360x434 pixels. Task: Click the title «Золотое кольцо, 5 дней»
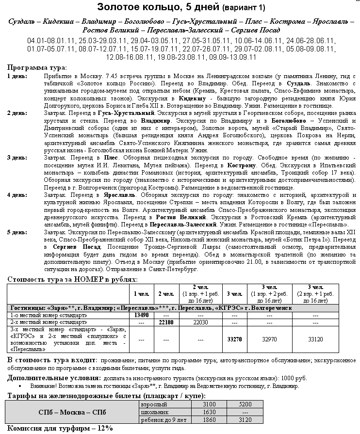tap(159, 7)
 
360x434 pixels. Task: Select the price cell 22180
tap(166, 322)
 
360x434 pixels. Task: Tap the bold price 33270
tap(234, 340)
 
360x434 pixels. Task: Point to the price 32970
tap(269, 340)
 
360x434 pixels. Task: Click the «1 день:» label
tap(17, 77)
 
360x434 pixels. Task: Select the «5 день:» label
tap(17, 232)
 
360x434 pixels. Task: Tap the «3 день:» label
tap(17, 158)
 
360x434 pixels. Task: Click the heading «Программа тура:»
tap(37, 67)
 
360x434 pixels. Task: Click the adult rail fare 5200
tap(245, 404)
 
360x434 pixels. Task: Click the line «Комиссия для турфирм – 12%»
tap(60, 428)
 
